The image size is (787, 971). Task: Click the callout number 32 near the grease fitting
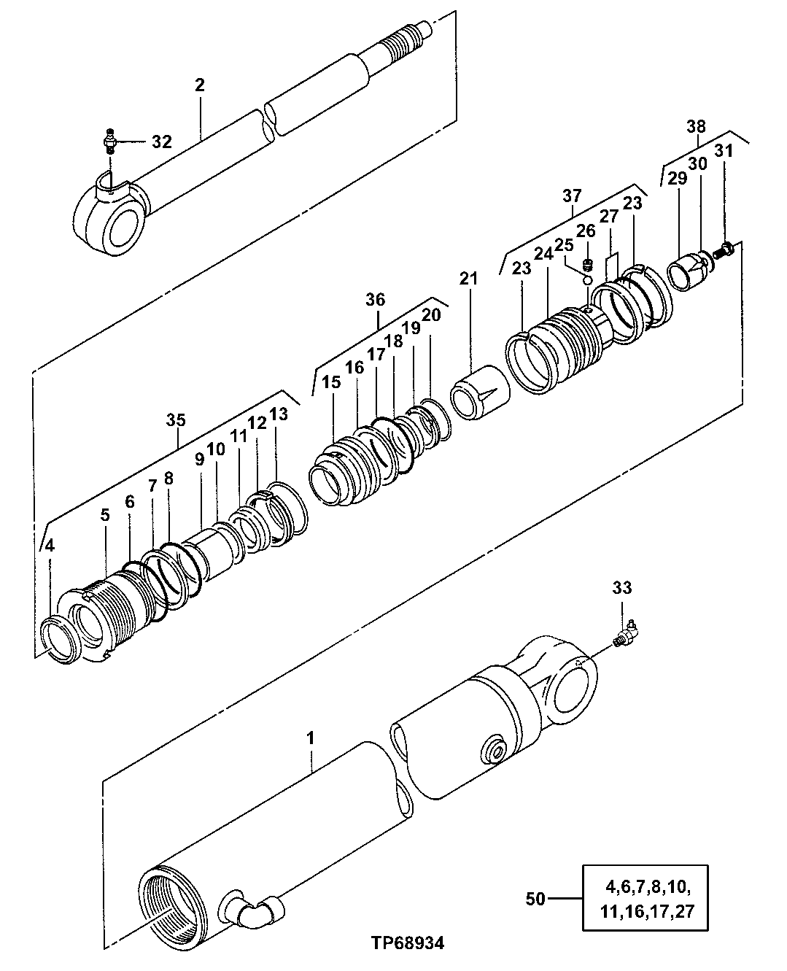161,142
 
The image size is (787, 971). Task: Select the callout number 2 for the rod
200,85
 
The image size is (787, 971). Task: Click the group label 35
176,420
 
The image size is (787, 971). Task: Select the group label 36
376,300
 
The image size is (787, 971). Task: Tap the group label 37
572,196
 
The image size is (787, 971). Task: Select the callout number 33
622,587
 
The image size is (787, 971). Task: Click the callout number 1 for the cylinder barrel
311,738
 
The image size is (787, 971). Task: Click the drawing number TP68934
406,943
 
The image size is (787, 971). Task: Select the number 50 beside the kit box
535,899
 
